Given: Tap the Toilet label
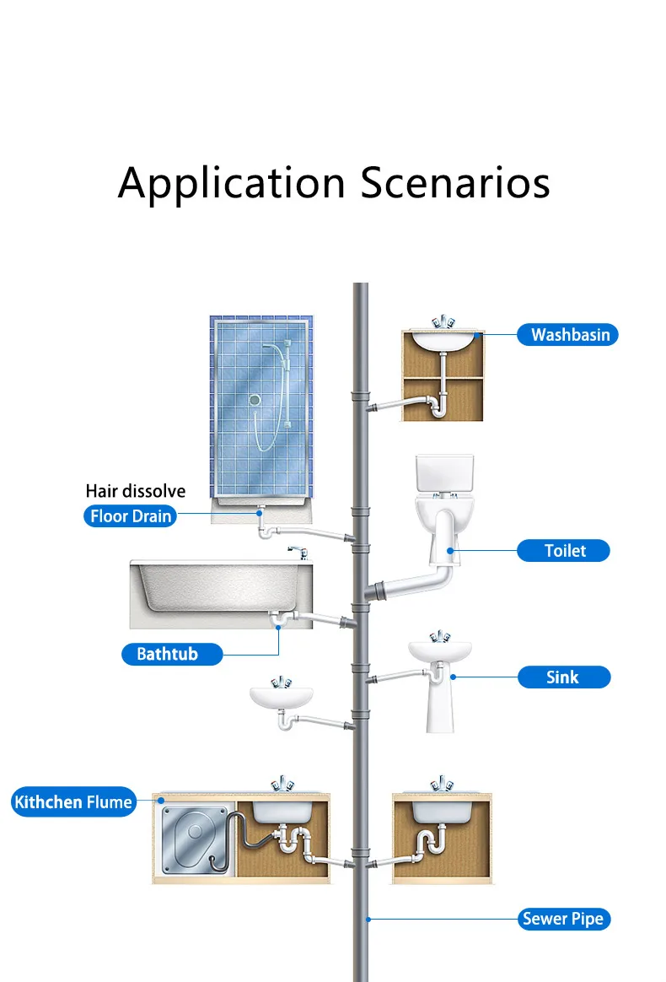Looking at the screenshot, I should pos(564,551).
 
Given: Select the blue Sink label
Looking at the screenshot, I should pos(562,677).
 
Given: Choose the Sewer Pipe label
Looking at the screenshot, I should pos(562,919).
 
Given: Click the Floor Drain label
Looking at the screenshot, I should pos(131,516).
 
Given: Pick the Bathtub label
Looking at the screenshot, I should pos(167,654).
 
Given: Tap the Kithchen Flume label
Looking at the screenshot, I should pos(73,801).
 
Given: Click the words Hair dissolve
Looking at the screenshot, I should pos(136,491).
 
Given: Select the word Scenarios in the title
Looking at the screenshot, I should pos(455,183).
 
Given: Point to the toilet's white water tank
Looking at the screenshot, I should pos(444,477).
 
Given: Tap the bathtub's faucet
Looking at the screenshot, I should pos(294,553).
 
